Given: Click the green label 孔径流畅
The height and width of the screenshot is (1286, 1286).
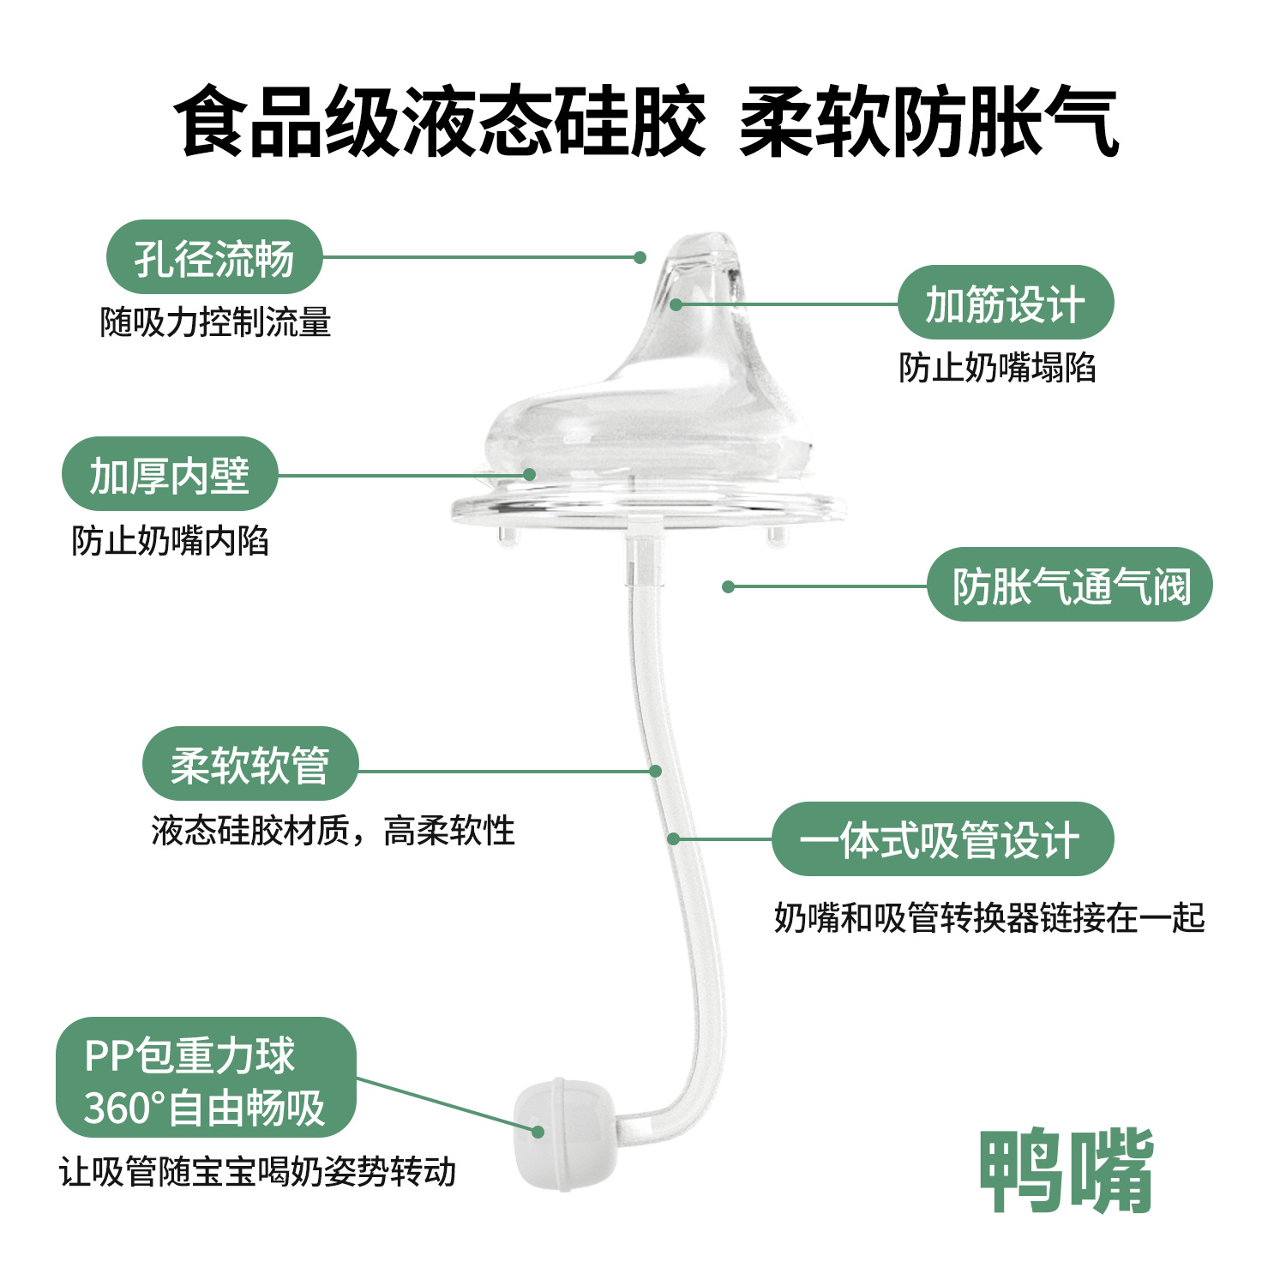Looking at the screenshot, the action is [x=213, y=257].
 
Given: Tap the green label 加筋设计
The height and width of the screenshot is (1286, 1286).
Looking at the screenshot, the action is [x=1005, y=303].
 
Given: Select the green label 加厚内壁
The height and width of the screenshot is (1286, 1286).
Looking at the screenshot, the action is [x=170, y=474].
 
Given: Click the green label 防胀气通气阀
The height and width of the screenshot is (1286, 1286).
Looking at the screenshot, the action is [x=1070, y=585].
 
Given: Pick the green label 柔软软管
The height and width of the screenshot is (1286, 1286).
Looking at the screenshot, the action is [x=249, y=764].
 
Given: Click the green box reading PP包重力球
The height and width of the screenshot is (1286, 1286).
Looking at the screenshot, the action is [x=206, y=1078].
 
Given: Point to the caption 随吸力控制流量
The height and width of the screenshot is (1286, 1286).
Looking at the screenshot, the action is [x=215, y=322].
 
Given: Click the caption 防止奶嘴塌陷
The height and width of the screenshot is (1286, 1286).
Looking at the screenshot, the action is [x=997, y=368].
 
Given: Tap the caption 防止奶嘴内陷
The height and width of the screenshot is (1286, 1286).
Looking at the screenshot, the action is [x=170, y=541].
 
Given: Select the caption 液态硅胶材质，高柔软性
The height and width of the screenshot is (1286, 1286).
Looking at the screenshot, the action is [x=334, y=831].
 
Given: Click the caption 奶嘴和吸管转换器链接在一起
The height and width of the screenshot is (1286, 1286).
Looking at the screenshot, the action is [x=989, y=917].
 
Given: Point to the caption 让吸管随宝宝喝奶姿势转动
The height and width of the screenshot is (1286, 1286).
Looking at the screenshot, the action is [x=257, y=1171].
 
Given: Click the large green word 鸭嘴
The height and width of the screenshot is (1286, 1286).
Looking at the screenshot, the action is [x=1067, y=1171].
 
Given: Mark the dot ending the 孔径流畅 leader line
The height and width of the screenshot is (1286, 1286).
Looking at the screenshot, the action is [x=640, y=257].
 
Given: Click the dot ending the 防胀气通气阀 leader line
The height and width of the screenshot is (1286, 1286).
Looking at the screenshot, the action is [x=728, y=586].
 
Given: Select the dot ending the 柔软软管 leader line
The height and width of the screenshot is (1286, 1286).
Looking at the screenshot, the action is [x=655, y=771].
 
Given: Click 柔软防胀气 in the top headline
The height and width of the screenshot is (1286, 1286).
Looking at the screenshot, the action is [x=928, y=123].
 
